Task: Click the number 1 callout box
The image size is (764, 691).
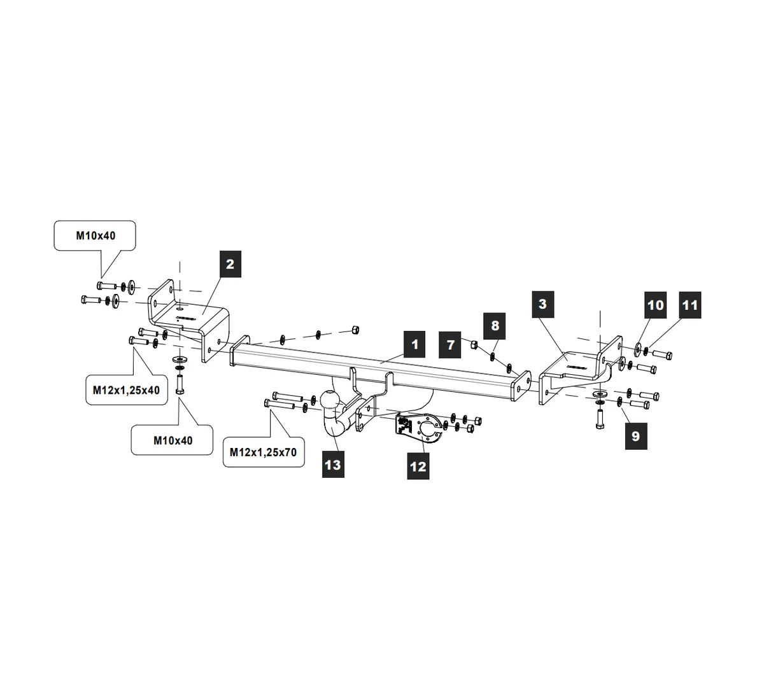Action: [x=414, y=345]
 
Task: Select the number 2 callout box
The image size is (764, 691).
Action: [x=230, y=264]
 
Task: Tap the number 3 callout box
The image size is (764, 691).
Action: [x=542, y=304]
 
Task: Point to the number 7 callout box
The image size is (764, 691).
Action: [x=451, y=345]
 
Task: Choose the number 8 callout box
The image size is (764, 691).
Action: [x=495, y=326]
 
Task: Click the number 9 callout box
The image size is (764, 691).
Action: [x=635, y=436]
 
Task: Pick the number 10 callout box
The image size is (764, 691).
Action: [x=655, y=305]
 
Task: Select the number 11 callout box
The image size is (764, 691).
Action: [x=690, y=305]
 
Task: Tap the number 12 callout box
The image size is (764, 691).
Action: [x=418, y=466]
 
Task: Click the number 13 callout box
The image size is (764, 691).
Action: [x=332, y=464]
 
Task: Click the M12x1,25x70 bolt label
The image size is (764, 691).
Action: [x=263, y=452]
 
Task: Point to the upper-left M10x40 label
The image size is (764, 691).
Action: [x=96, y=235]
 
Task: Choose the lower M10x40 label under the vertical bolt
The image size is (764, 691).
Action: [x=173, y=440]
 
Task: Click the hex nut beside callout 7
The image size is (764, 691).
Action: [x=474, y=345]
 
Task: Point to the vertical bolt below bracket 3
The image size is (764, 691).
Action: [x=599, y=417]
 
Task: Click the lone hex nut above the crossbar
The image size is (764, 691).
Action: [x=357, y=329]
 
